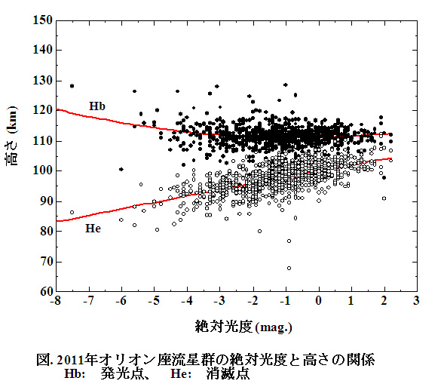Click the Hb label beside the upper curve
pos(96,106)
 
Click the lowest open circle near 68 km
pos(289,268)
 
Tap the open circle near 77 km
pos(289,241)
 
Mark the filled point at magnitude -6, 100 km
pos(121,170)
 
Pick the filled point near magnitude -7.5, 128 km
pos(72,86)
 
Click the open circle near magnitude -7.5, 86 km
pos(72,213)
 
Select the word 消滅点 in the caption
pos(227,374)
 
